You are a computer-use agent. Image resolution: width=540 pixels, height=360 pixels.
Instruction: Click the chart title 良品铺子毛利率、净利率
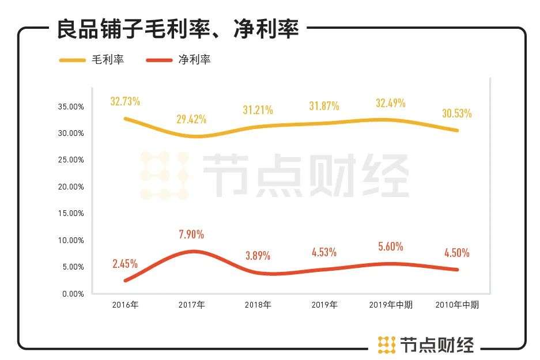(178, 29)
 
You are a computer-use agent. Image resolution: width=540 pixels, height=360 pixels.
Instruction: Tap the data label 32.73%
(125, 101)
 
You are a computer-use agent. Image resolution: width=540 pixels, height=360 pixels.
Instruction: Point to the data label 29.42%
(191, 119)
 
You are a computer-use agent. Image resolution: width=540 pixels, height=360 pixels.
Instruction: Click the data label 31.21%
(258, 109)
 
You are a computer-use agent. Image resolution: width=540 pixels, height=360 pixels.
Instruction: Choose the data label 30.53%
(456, 113)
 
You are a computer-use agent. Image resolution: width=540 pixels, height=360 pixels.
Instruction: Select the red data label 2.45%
(125, 264)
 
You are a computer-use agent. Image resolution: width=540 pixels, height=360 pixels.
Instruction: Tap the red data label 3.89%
(258, 255)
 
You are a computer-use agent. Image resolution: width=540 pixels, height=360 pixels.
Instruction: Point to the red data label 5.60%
(390, 246)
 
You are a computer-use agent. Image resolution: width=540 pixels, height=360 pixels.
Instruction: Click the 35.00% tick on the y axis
(71, 107)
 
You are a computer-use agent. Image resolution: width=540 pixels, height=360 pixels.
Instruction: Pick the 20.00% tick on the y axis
(71, 187)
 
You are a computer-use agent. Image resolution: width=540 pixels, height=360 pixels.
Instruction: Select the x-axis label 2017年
(191, 305)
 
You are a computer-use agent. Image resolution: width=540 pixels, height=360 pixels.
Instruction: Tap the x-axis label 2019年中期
(390, 305)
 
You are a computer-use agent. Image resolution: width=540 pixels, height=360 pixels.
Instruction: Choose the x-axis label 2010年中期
(456, 305)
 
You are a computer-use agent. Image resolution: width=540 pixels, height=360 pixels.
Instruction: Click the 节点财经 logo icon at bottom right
(386, 344)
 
